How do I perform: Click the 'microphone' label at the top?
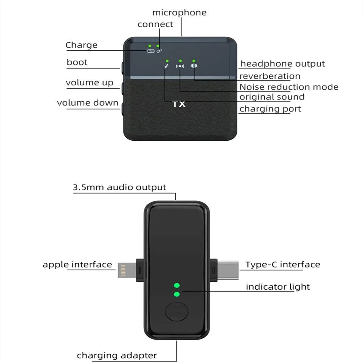pos(179,12)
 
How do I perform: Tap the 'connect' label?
pos(155,24)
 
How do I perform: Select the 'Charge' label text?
pos(81,45)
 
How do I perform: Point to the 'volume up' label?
pos(90,82)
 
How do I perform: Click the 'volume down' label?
pos(88,103)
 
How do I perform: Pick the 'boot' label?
pos(77,62)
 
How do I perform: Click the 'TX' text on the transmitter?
pos(179,104)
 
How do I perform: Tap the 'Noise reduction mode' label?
pos(289,87)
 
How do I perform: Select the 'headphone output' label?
pos(282,64)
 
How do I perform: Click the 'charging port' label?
pos(270,109)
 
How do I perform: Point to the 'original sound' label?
pos(271,97)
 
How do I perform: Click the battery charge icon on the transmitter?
pos(151,51)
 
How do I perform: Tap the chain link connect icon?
pos(159,51)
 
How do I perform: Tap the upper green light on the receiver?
pos(177,285)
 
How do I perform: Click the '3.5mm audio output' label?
pos(119,187)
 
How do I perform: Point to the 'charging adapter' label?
pos(117,355)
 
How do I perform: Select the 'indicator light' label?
pos(278,287)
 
